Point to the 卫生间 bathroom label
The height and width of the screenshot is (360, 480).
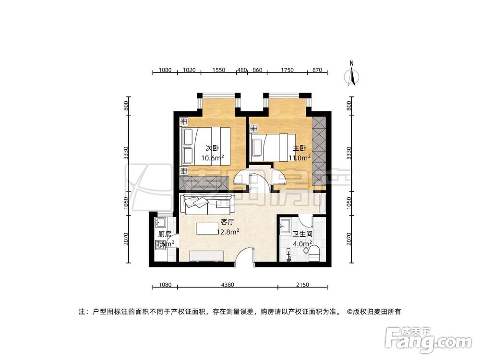coord(302,234)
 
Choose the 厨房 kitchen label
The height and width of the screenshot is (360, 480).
coord(165,234)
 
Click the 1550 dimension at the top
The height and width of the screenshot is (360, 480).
coord(218,70)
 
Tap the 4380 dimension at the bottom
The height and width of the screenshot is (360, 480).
coord(228,285)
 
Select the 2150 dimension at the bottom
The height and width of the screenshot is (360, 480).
coord(302,285)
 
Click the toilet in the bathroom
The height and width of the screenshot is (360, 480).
coord(314,253)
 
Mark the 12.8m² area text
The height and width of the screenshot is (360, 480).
coord(228,232)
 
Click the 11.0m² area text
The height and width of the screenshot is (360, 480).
coord(300,157)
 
